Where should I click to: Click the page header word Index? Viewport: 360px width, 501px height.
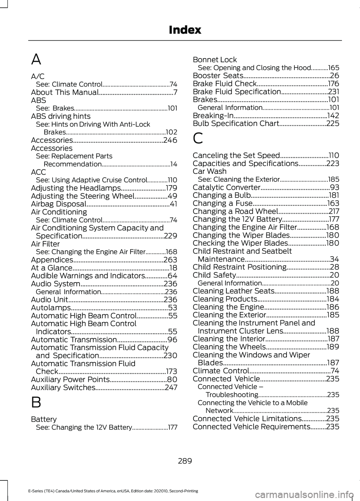[x=185, y=30]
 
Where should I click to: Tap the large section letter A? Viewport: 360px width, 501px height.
[x=36, y=59]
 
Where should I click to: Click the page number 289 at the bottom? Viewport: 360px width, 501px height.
[x=185, y=461]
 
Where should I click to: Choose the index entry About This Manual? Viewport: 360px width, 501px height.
[x=65, y=92]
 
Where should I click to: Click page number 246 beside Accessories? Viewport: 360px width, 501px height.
[x=170, y=140]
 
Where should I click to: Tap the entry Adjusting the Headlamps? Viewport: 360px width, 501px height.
[x=76, y=188]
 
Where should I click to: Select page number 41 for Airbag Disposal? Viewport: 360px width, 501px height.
[x=173, y=204]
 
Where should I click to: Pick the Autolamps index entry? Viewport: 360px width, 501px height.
[x=51, y=308]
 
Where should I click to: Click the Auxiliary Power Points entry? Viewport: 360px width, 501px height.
[x=70, y=379]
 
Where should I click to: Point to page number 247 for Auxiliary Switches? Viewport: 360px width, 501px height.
[x=171, y=387]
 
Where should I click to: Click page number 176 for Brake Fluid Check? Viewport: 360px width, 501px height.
[x=333, y=84]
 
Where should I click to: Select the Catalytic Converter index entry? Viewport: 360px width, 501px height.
[x=226, y=187]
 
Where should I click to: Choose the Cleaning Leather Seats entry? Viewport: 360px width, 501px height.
[x=234, y=291]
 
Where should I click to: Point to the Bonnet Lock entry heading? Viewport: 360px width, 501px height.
[x=215, y=60]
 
